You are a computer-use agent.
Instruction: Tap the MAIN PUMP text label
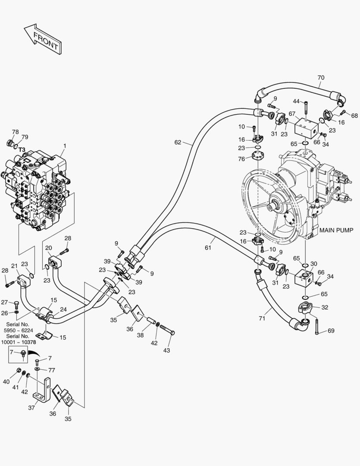(x=336, y=230)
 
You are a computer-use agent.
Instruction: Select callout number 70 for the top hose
(x=320, y=78)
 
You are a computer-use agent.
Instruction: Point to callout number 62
(x=178, y=142)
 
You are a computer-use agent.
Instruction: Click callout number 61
(x=208, y=248)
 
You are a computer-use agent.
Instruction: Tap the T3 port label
(x=22, y=150)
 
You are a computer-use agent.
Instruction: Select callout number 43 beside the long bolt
(x=166, y=350)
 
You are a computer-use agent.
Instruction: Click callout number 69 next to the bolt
(x=331, y=331)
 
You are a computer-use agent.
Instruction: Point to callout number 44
(x=296, y=101)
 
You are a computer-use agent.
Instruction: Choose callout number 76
(x=242, y=158)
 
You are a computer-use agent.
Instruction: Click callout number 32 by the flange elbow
(x=325, y=308)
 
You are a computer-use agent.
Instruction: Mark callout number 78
(x=15, y=132)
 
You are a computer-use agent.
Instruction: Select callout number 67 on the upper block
(x=292, y=114)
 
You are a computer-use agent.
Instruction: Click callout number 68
(x=354, y=115)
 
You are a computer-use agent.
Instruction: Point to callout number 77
(x=51, y=370)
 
